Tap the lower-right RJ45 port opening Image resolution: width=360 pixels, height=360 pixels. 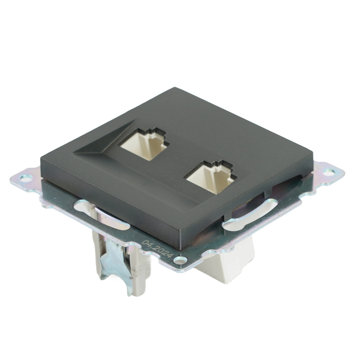(x=210, y=178)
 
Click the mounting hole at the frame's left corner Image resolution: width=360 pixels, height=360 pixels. (x=25, y=177)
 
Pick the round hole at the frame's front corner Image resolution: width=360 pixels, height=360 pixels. (x=180, y=260)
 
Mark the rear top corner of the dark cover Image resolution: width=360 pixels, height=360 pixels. (x=175, y=88)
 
